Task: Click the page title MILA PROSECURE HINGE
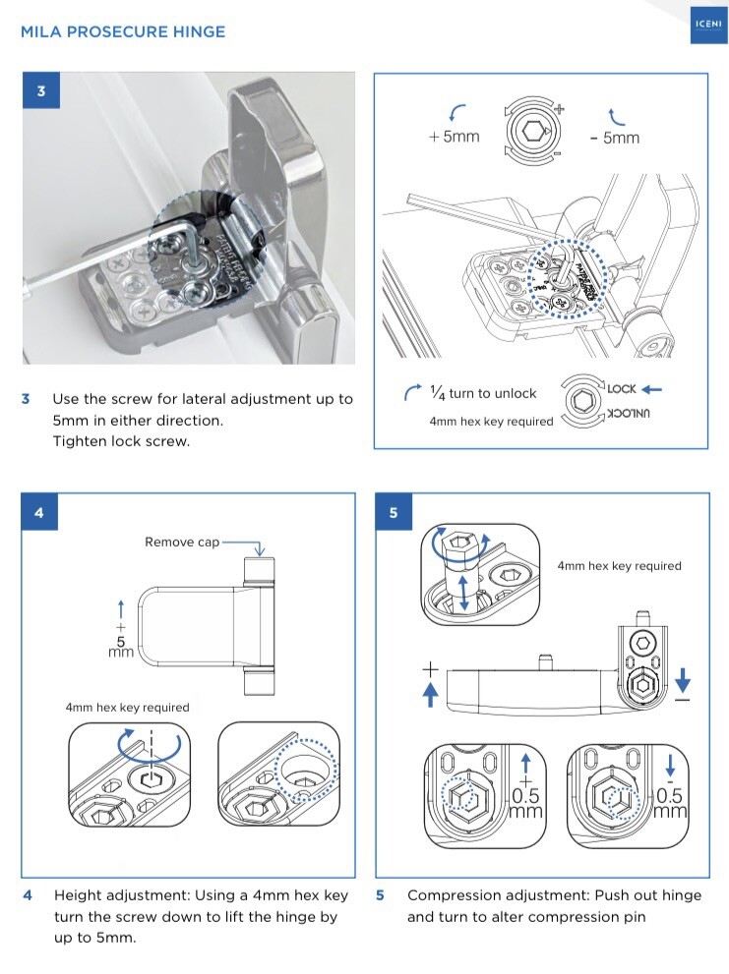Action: click(123, 32)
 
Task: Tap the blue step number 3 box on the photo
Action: click(40, 91)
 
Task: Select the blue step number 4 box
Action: click(39, 512)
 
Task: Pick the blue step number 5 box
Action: click(395, 512)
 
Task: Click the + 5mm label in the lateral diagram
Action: click(455, 137)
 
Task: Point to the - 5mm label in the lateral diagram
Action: click(615, 138)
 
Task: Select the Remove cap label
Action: click(182, 542)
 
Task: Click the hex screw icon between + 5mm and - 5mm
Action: click(531, 130)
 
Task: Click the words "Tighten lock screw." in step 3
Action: click(120, 440)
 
